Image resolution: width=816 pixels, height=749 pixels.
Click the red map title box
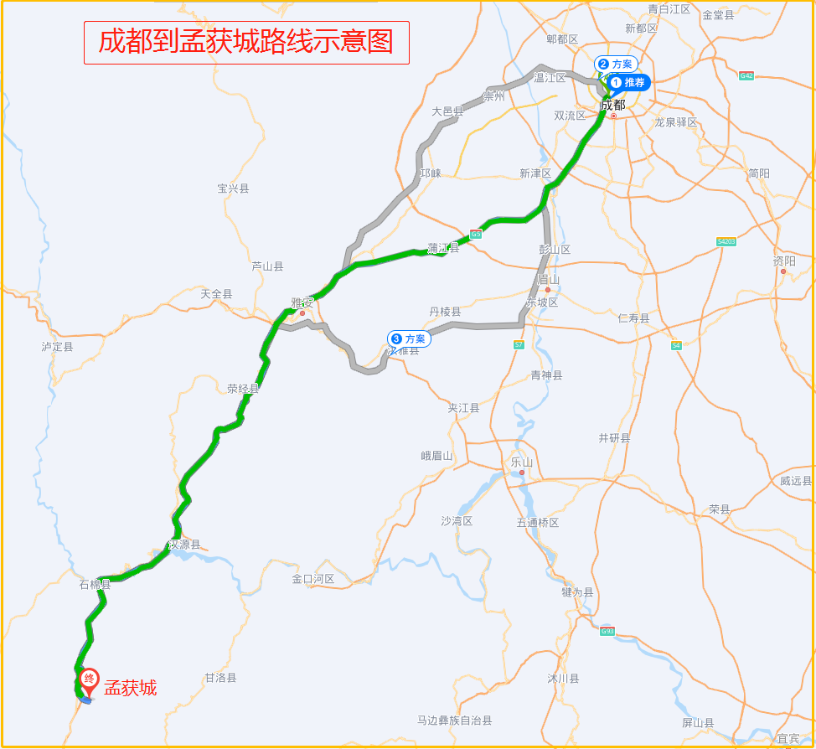[x=246, y=43]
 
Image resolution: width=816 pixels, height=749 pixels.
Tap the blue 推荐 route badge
[x=628, y=82]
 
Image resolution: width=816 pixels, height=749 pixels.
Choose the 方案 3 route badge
[x=409, y=338]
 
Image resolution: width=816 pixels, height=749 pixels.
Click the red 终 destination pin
[x=88, y=679]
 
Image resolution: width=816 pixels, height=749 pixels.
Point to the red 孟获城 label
[x=130, y=689]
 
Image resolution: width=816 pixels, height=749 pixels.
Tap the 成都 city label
[x=613, y=105]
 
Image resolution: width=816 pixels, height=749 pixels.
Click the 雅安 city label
[x=302, y=302]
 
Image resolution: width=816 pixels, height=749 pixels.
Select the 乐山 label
[x=522, y=462]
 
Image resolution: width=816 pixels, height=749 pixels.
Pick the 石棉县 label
[x=95, y=584]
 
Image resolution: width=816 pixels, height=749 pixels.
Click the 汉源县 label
[x=185, y=545]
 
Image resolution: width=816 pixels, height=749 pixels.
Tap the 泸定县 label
[x=58, y=346]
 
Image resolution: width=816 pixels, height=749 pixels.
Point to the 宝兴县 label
[x=233, y=189]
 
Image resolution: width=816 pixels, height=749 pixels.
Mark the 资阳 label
[x=784, y=261]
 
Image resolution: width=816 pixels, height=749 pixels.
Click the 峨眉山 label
[x=436, y=456]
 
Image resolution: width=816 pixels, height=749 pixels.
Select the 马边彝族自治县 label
[x=455, y=721]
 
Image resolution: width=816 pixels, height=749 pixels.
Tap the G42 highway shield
[x=746, y=75]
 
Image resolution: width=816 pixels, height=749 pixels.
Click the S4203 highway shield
[x=726, y=241]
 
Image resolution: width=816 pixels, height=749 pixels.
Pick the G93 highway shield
[x=607, y=631]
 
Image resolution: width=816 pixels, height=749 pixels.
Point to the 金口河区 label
[x=313, y=579]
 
